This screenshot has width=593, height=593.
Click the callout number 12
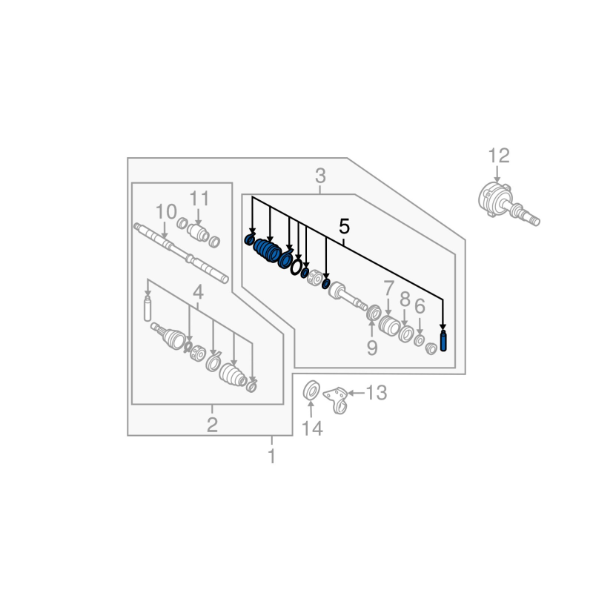(499, 156)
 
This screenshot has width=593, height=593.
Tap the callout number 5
(344, 227)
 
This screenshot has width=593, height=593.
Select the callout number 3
(320, 176)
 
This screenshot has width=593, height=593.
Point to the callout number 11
(199, 199)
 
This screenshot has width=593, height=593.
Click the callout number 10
(166, 212)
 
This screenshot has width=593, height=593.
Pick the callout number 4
(198, 292)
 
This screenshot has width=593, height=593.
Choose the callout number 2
(212, 425)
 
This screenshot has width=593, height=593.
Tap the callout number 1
(271, 456)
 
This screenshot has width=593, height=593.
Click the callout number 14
(312, 429)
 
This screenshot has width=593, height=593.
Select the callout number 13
(377, 393)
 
